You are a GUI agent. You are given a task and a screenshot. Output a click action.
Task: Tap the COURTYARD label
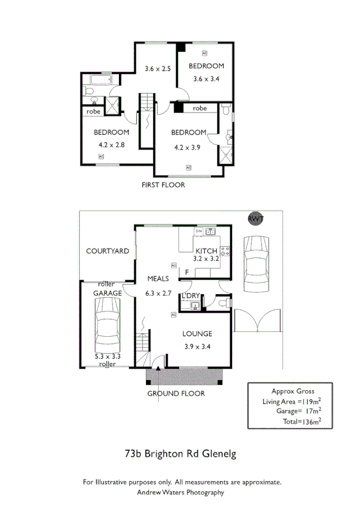107,251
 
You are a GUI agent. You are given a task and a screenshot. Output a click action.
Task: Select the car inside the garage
108,325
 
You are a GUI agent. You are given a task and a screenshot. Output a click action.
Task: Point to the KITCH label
207,251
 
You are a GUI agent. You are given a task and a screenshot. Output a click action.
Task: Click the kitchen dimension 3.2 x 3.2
207,259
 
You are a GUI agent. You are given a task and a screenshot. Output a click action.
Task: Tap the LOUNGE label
197,334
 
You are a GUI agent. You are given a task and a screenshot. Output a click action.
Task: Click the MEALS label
158,278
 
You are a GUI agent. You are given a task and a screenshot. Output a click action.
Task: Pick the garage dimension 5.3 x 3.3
108,356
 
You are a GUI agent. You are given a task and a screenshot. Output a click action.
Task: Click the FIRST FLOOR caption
163,185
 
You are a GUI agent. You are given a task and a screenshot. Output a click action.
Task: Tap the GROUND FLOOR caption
176,393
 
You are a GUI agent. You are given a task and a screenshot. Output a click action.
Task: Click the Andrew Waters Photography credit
180,492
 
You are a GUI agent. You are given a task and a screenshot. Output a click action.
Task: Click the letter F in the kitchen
187,272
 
